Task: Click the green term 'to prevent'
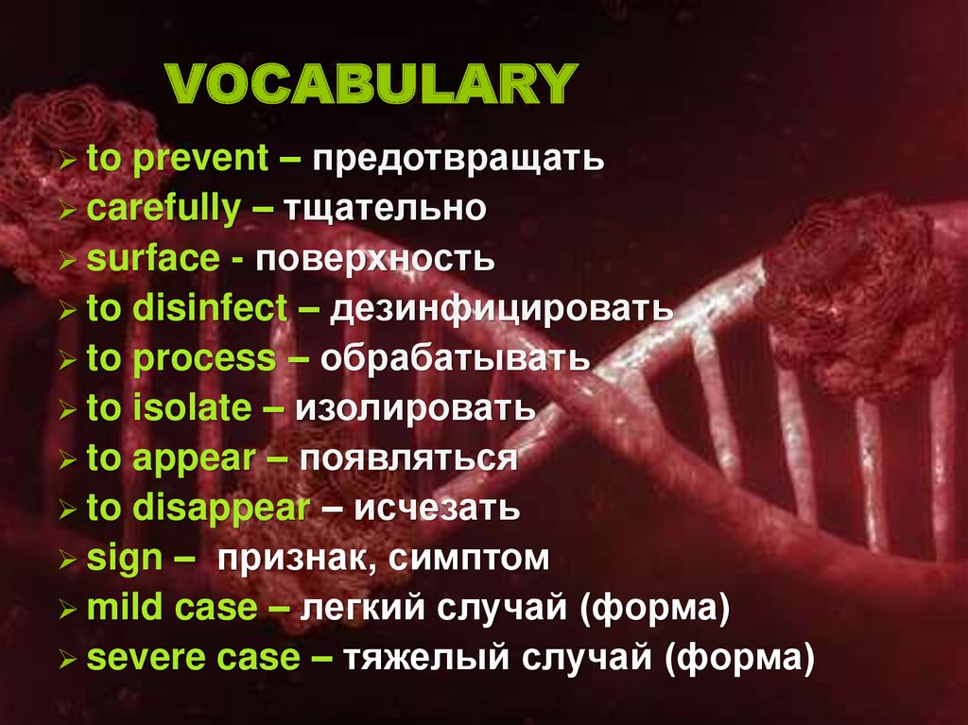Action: (177, 158)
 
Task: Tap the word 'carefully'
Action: (163, 209)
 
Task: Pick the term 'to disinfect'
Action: (186, 308)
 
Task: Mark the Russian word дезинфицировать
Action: (501, 308)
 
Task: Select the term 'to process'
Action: (181, 358)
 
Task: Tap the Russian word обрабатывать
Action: (456, 358)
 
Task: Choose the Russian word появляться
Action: (408, 458)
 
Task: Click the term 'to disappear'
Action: (198, 508)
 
